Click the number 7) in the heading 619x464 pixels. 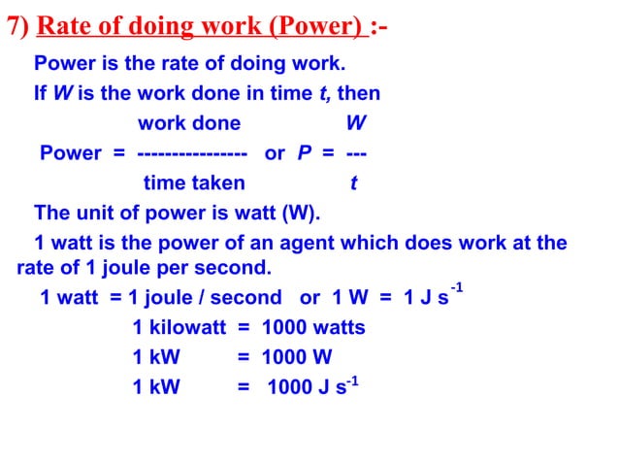(x=17, y=26)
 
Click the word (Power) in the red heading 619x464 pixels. (x=317, y=26)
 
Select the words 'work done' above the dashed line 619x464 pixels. (x=189, y=123)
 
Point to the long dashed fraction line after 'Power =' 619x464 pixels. (x=192, y=153)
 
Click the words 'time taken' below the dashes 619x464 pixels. (x=194, y=182)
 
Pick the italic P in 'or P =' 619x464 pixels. (x=302, y=153)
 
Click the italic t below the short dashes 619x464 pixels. (x=353, y=182)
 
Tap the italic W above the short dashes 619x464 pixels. (x=356, y=123)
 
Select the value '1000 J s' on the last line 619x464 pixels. (x=306, y=386)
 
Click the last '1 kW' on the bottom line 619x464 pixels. (x=156, y=386)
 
